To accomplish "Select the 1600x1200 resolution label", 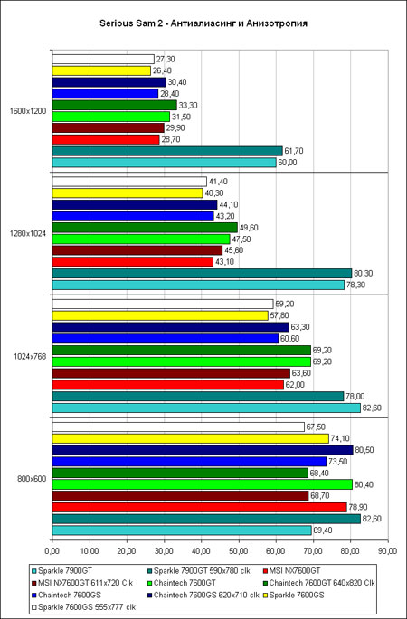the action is [28, 111].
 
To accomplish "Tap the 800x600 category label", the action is [32, 479].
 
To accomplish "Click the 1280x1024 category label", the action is [28, 234].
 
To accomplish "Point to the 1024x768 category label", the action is [30, 356].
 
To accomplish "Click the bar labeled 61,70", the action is [167, 151].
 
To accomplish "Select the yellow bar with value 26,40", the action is [101, 70].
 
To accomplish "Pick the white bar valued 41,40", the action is [129, 182].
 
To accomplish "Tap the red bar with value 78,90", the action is [200, 507].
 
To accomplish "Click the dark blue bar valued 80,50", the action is [203, 450].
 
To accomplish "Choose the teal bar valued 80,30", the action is [202, 273].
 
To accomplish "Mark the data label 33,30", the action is [188, 106].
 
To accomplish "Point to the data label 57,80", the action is [279, 315].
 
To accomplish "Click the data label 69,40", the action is [323, 530].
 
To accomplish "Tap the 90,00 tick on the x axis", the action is [388, 550].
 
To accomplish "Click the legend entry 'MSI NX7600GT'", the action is [295, 570].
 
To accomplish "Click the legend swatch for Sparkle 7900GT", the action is [34, 571].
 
